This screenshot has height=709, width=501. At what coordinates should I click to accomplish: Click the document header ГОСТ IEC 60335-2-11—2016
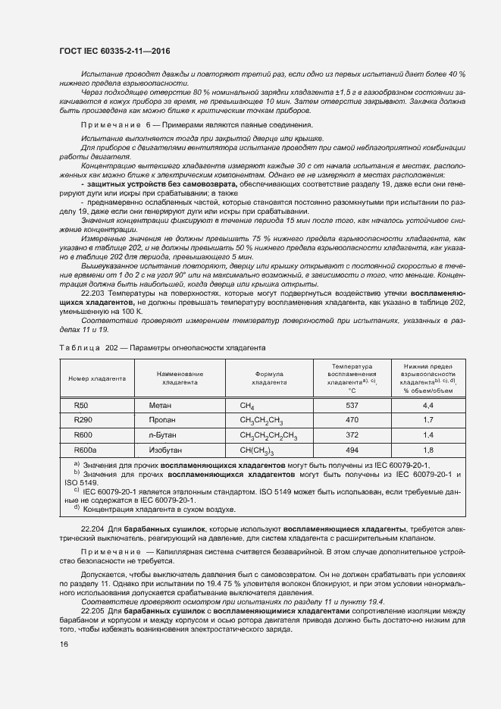[114, 51]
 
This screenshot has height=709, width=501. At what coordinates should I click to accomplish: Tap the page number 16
[63, 644]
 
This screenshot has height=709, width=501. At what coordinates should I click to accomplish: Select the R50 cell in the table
[80, 406]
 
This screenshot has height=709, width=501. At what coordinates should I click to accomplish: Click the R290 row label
[83, 419]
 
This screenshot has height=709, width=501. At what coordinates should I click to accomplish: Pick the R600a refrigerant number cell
[84, 450]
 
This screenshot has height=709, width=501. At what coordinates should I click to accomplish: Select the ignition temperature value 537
[352, 406]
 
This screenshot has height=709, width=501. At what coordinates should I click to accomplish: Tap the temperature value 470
[352, 419]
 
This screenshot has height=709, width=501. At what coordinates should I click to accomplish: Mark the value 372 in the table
[352, 434]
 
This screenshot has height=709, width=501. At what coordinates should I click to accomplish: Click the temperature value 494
[352, 450]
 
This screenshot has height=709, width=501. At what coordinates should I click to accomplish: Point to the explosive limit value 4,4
[428, 406]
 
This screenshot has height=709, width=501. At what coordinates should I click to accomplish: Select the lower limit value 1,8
[428, 450]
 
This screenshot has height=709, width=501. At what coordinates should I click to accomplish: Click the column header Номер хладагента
[97, 378]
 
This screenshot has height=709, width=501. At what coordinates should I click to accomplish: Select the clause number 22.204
[94, 526]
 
